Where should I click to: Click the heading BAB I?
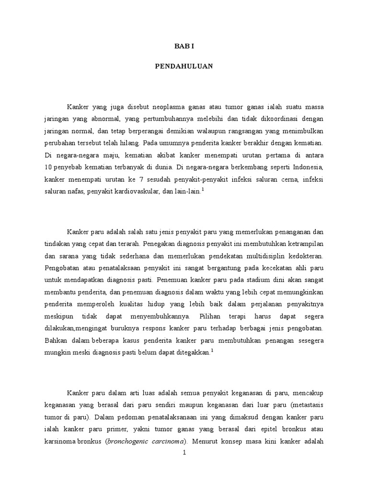(184, 47)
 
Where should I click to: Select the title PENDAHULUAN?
(184, 67)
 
